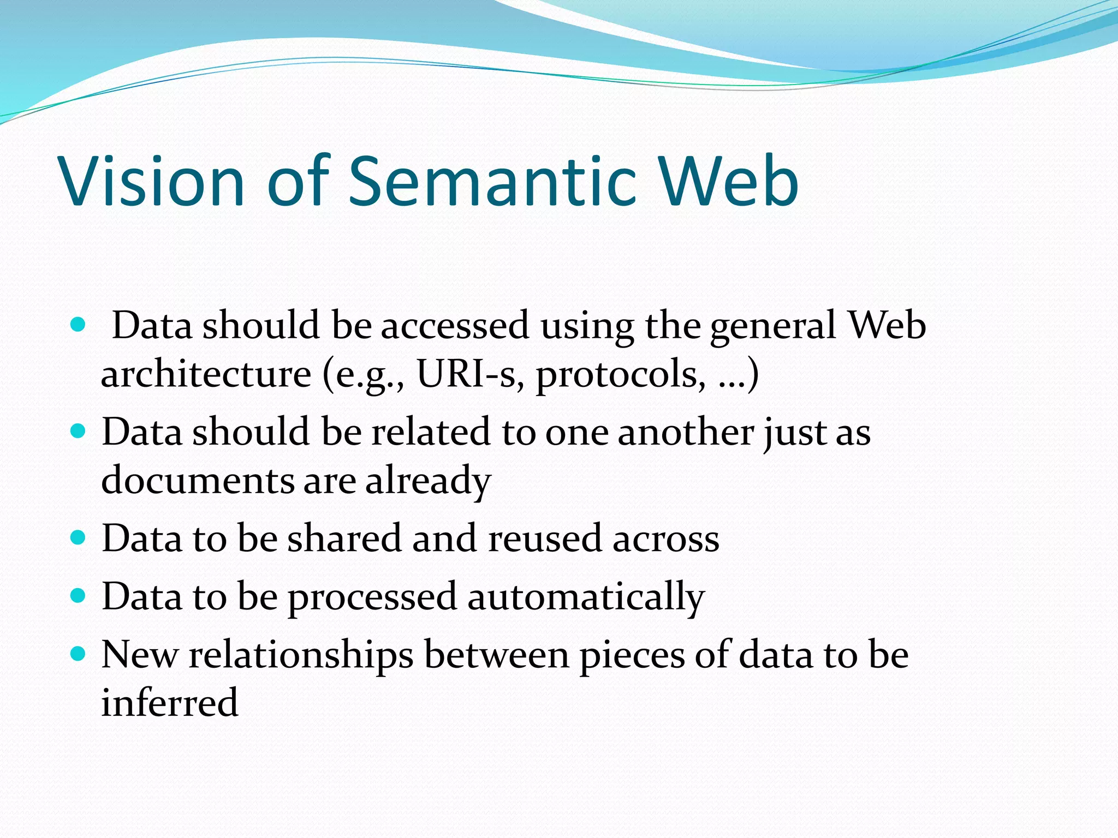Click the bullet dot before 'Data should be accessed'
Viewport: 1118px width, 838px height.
click(79, 326)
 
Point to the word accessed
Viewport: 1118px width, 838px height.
click(455, 326)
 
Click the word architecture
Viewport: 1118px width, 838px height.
click(206, 375)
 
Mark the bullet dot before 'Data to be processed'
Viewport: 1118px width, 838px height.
click(79, 596)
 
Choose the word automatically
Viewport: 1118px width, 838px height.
click(586, 597)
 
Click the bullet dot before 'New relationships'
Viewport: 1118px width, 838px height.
click(79, 654)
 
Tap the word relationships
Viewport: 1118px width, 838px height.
click(301, 655)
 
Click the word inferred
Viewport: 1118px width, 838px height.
click(170, 702)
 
